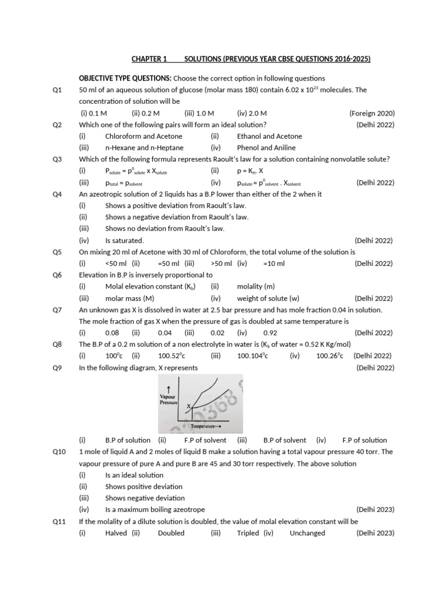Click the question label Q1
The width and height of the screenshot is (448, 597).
(57, 90)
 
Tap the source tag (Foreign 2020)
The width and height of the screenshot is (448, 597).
(372, 113)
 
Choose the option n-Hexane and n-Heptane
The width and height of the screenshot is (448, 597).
(144, 148)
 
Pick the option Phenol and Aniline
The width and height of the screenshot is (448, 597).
(266, 148)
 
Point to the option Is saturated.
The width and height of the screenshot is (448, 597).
(124, 240)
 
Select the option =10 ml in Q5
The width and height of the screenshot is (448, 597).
(274, 264)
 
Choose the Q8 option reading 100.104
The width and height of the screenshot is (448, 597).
(252, 356)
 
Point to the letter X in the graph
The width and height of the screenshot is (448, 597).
(188, 405)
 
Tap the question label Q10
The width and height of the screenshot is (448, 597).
(59, 452)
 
